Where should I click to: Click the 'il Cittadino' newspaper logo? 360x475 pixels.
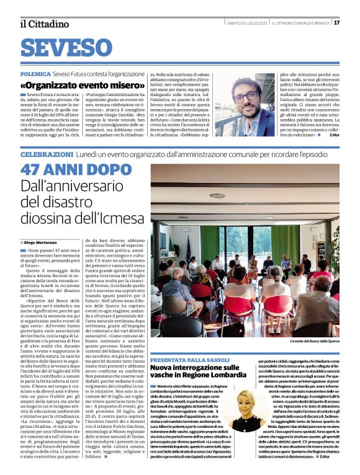point(43,24)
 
